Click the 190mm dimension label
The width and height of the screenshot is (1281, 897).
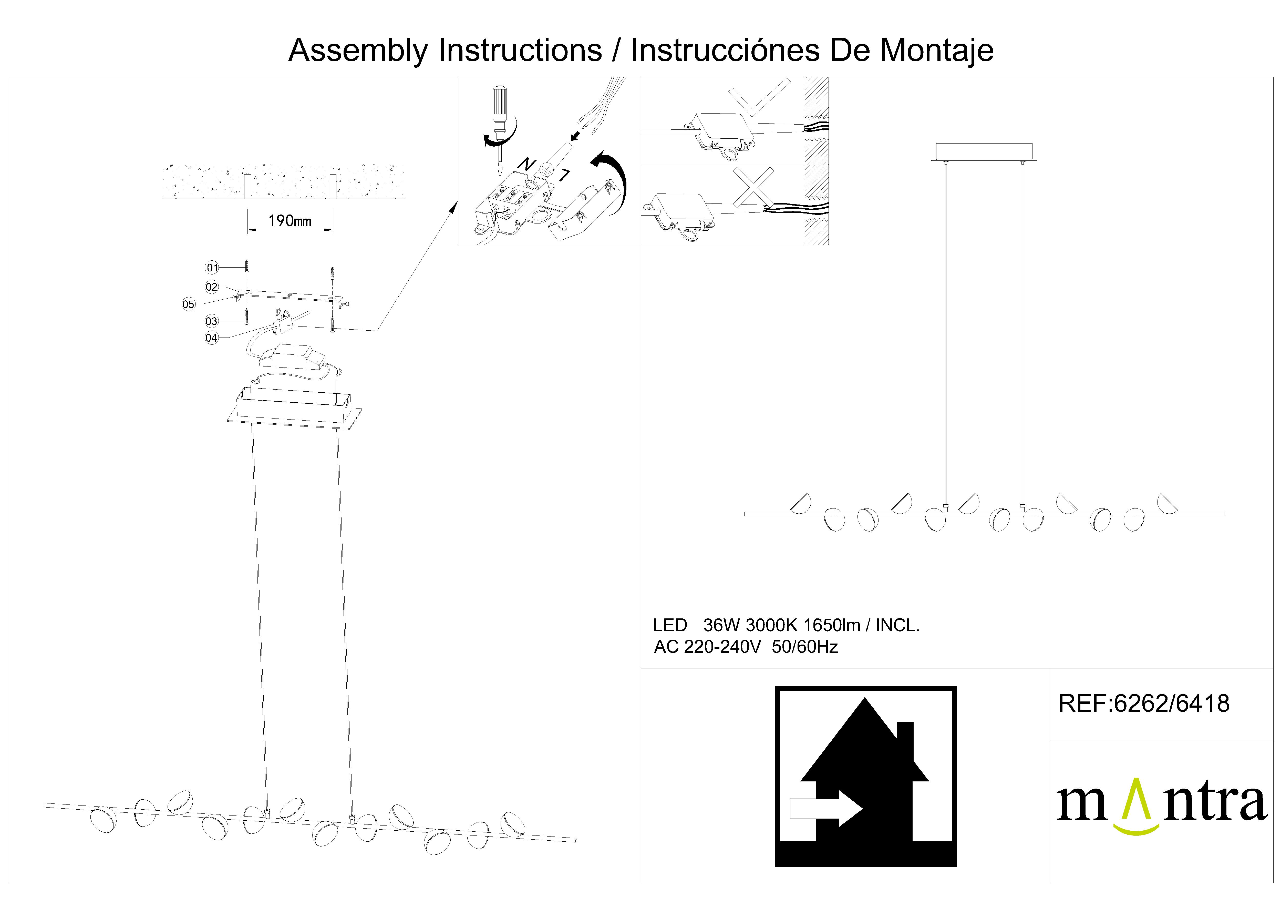click(290, 221)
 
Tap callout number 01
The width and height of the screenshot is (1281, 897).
click(212, 268)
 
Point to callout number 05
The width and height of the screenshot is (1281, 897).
click(189, 304)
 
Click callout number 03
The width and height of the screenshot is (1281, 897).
click(211, 321)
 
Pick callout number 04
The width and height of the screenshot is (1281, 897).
click(211, 338)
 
